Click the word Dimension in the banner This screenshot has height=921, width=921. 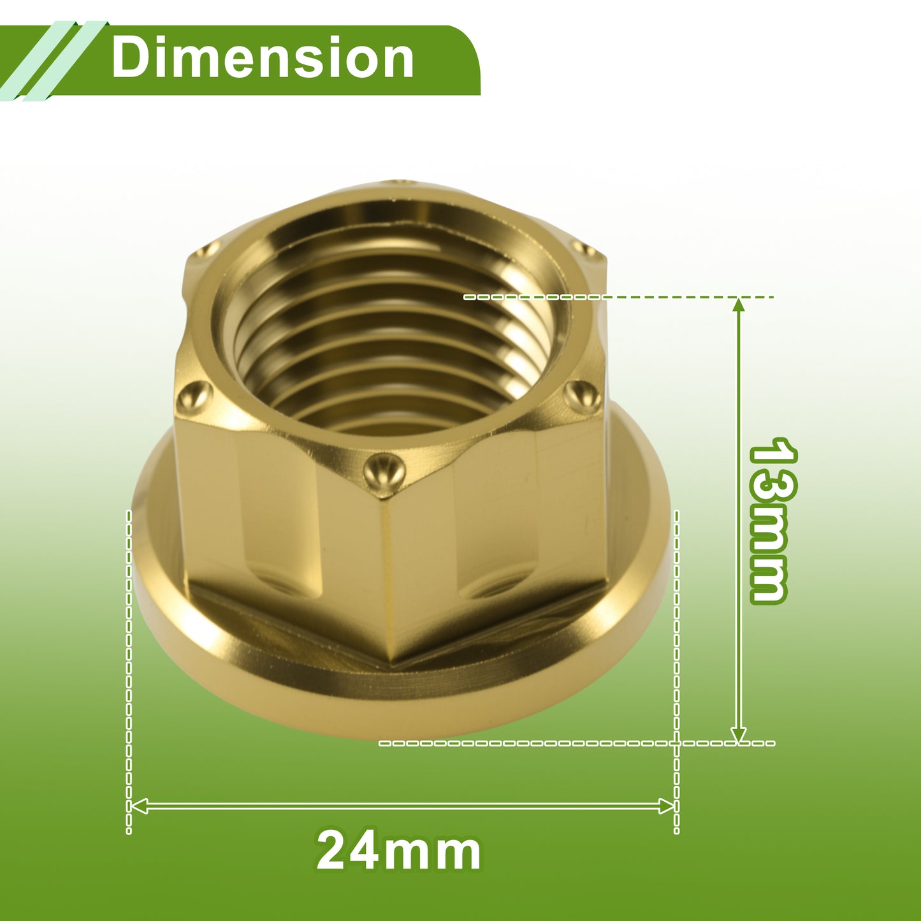point(263,57)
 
